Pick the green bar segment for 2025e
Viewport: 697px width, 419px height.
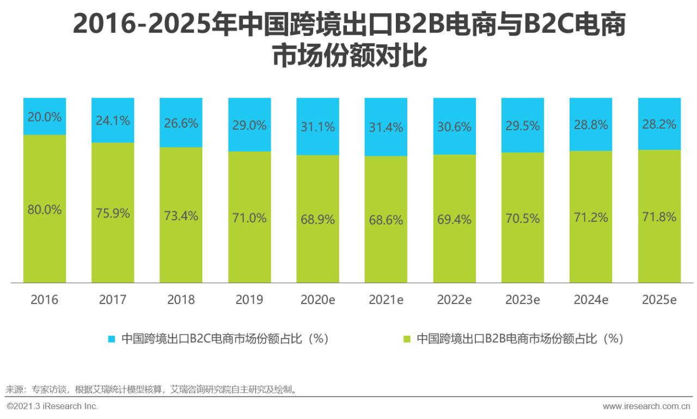coord(659,251)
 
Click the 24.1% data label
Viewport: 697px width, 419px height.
coord(113,120)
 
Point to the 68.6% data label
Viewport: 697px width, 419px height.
coord(386,220)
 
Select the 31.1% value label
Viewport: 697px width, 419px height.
coord(317,126)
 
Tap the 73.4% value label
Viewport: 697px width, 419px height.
coord(181,215)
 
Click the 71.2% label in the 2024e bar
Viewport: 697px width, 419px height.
coord(590,218)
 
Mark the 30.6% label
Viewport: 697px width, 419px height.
coord(454,126)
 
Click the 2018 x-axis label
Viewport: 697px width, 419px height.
coord(181,300)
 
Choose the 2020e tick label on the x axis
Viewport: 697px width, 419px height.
coord(317,300)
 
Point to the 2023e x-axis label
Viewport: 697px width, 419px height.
coord(522,300)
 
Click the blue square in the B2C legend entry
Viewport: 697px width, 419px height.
coord(112,339)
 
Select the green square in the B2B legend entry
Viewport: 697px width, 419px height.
coord(407,339)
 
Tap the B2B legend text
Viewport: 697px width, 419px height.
coord(519,339)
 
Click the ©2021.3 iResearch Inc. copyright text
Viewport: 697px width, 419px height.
coord(52,406)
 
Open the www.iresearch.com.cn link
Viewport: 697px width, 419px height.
coord(646,406)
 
